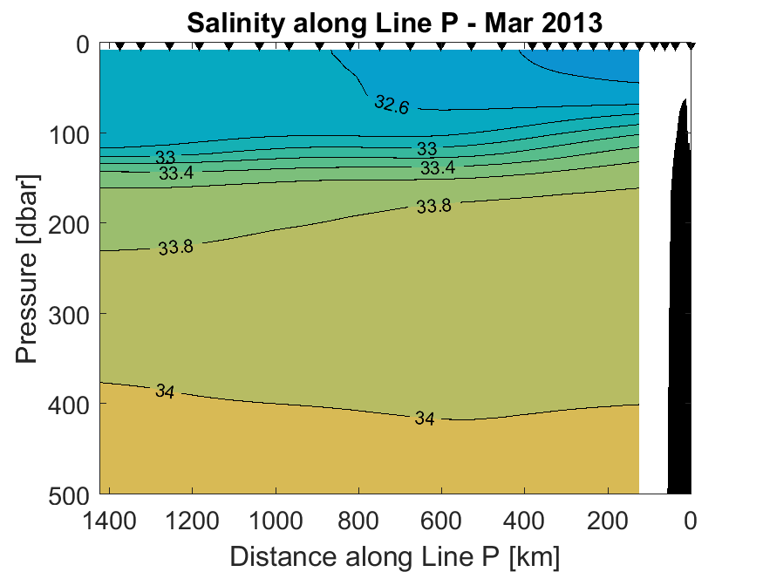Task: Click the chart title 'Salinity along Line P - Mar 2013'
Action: [x=394, y=23]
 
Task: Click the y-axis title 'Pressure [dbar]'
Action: [x=28, y=271]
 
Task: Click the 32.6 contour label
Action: [x=392, y=105]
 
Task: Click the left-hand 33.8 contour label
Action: [x=175, y=248]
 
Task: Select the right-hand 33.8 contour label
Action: [x=433, y=207]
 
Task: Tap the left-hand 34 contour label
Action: [x=165, y=391]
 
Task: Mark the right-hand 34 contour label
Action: [x=425, y=419]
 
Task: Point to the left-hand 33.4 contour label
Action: [x=176, y=174]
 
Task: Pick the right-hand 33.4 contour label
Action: [x=438, y=167]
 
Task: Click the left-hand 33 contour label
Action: [x=166, y=158]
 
